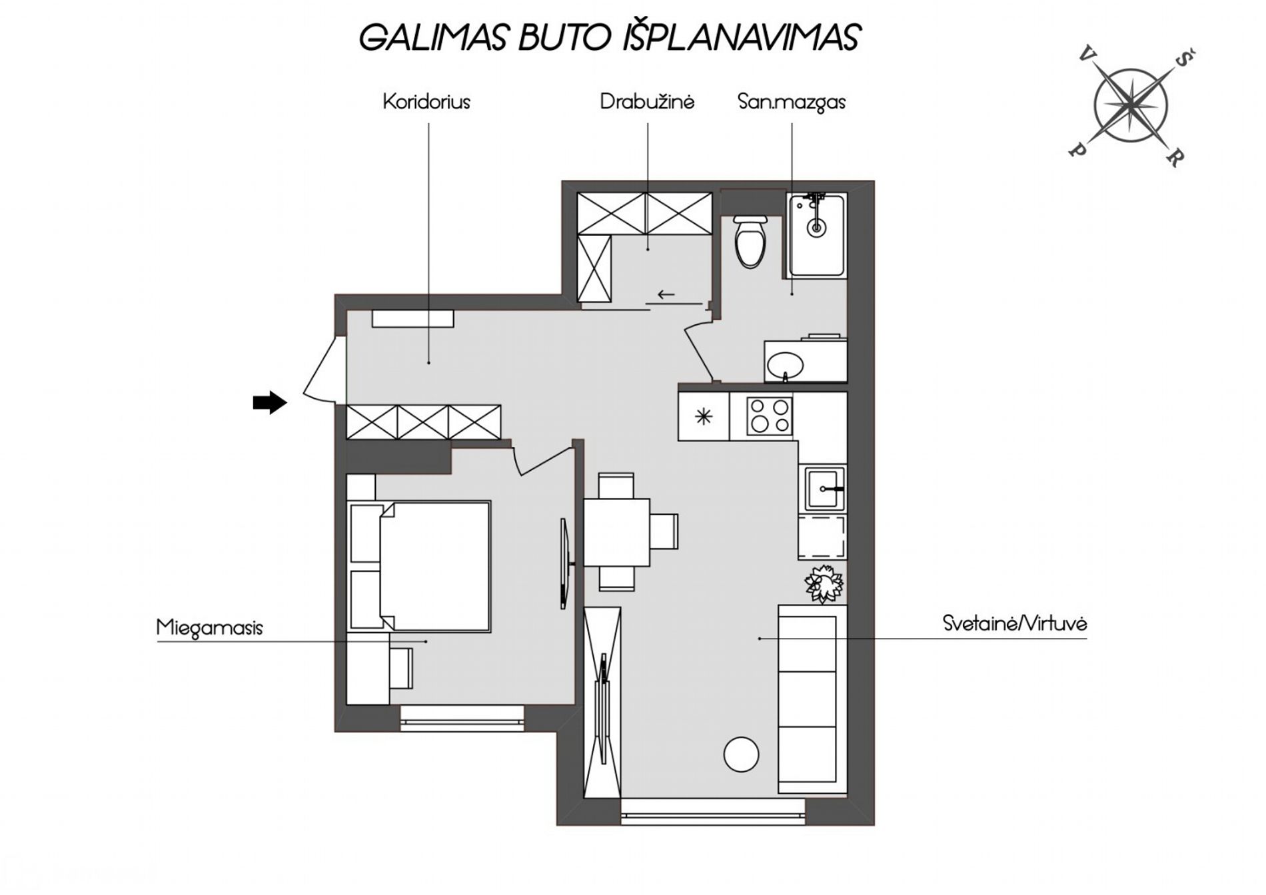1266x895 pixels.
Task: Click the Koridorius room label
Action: (426, 102)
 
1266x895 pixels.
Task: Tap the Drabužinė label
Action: (647, 101)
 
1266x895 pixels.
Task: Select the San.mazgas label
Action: (792, 102)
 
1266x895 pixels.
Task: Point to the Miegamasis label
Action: (209, 628)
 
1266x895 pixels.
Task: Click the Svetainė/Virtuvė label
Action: (1015, 623)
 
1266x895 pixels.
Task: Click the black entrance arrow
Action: (270, 402)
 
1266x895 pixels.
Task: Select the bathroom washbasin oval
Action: (786, 365)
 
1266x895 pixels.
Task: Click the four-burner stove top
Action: (770, 416)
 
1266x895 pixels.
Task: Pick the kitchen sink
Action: (825, 488)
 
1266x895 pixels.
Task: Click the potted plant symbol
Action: (824, 584)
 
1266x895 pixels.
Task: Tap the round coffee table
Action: (741, 754)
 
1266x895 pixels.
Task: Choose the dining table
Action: (617, 532)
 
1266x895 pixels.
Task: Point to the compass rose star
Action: (1131, 105)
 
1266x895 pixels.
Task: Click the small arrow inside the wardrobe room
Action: (666, 294)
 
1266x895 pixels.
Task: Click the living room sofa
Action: (812, 699)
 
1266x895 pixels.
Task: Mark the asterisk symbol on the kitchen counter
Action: (704, 417)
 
